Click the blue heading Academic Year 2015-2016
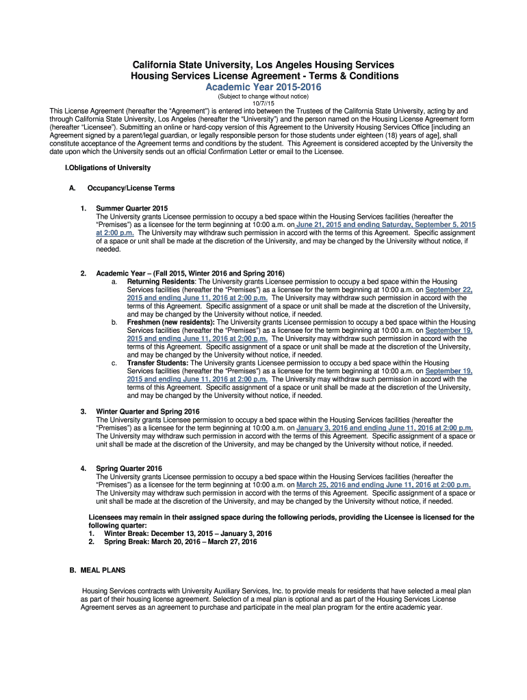click(x=263, y=87)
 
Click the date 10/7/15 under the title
click(x=263, y=103)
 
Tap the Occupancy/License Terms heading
click(x=131, y=188)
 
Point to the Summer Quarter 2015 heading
click(x=131, y=208)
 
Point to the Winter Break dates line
click(x=188, y=533)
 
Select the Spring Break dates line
click(x=180, y=541)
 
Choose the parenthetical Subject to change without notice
click(x=263, y=96)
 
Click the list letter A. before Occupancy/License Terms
click(x=62, y=188)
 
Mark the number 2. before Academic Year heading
click(x=83, y=273)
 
